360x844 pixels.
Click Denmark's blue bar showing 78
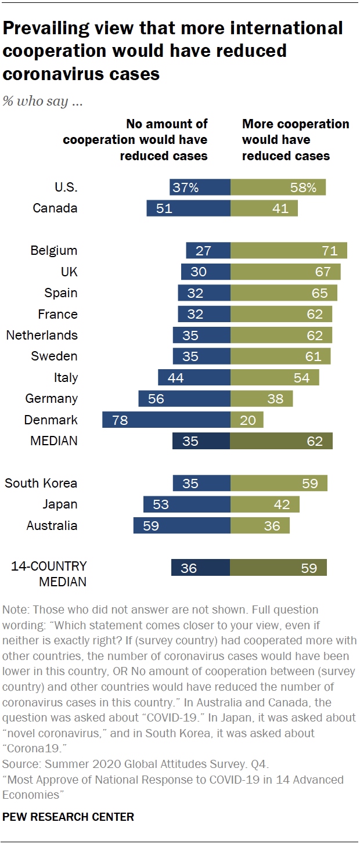point(166,420)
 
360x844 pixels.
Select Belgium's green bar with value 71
point(289,251)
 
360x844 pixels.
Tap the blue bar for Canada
point(188,208)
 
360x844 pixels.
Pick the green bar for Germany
point(261,399)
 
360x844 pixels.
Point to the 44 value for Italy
point(175,378)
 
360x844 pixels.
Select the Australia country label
point(52,526)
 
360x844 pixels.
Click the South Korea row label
point(41,483)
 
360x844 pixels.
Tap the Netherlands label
point(41,335)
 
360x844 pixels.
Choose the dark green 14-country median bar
point(278,568)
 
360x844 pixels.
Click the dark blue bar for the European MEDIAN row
point(201,441)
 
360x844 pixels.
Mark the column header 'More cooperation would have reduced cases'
point(295,140)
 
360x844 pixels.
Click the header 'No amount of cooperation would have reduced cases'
point(135,140)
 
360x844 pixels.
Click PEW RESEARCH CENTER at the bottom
point(69,817)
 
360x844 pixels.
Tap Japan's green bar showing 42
point(265,504)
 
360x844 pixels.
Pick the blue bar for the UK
point(206,272)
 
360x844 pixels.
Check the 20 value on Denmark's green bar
point(248,420)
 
